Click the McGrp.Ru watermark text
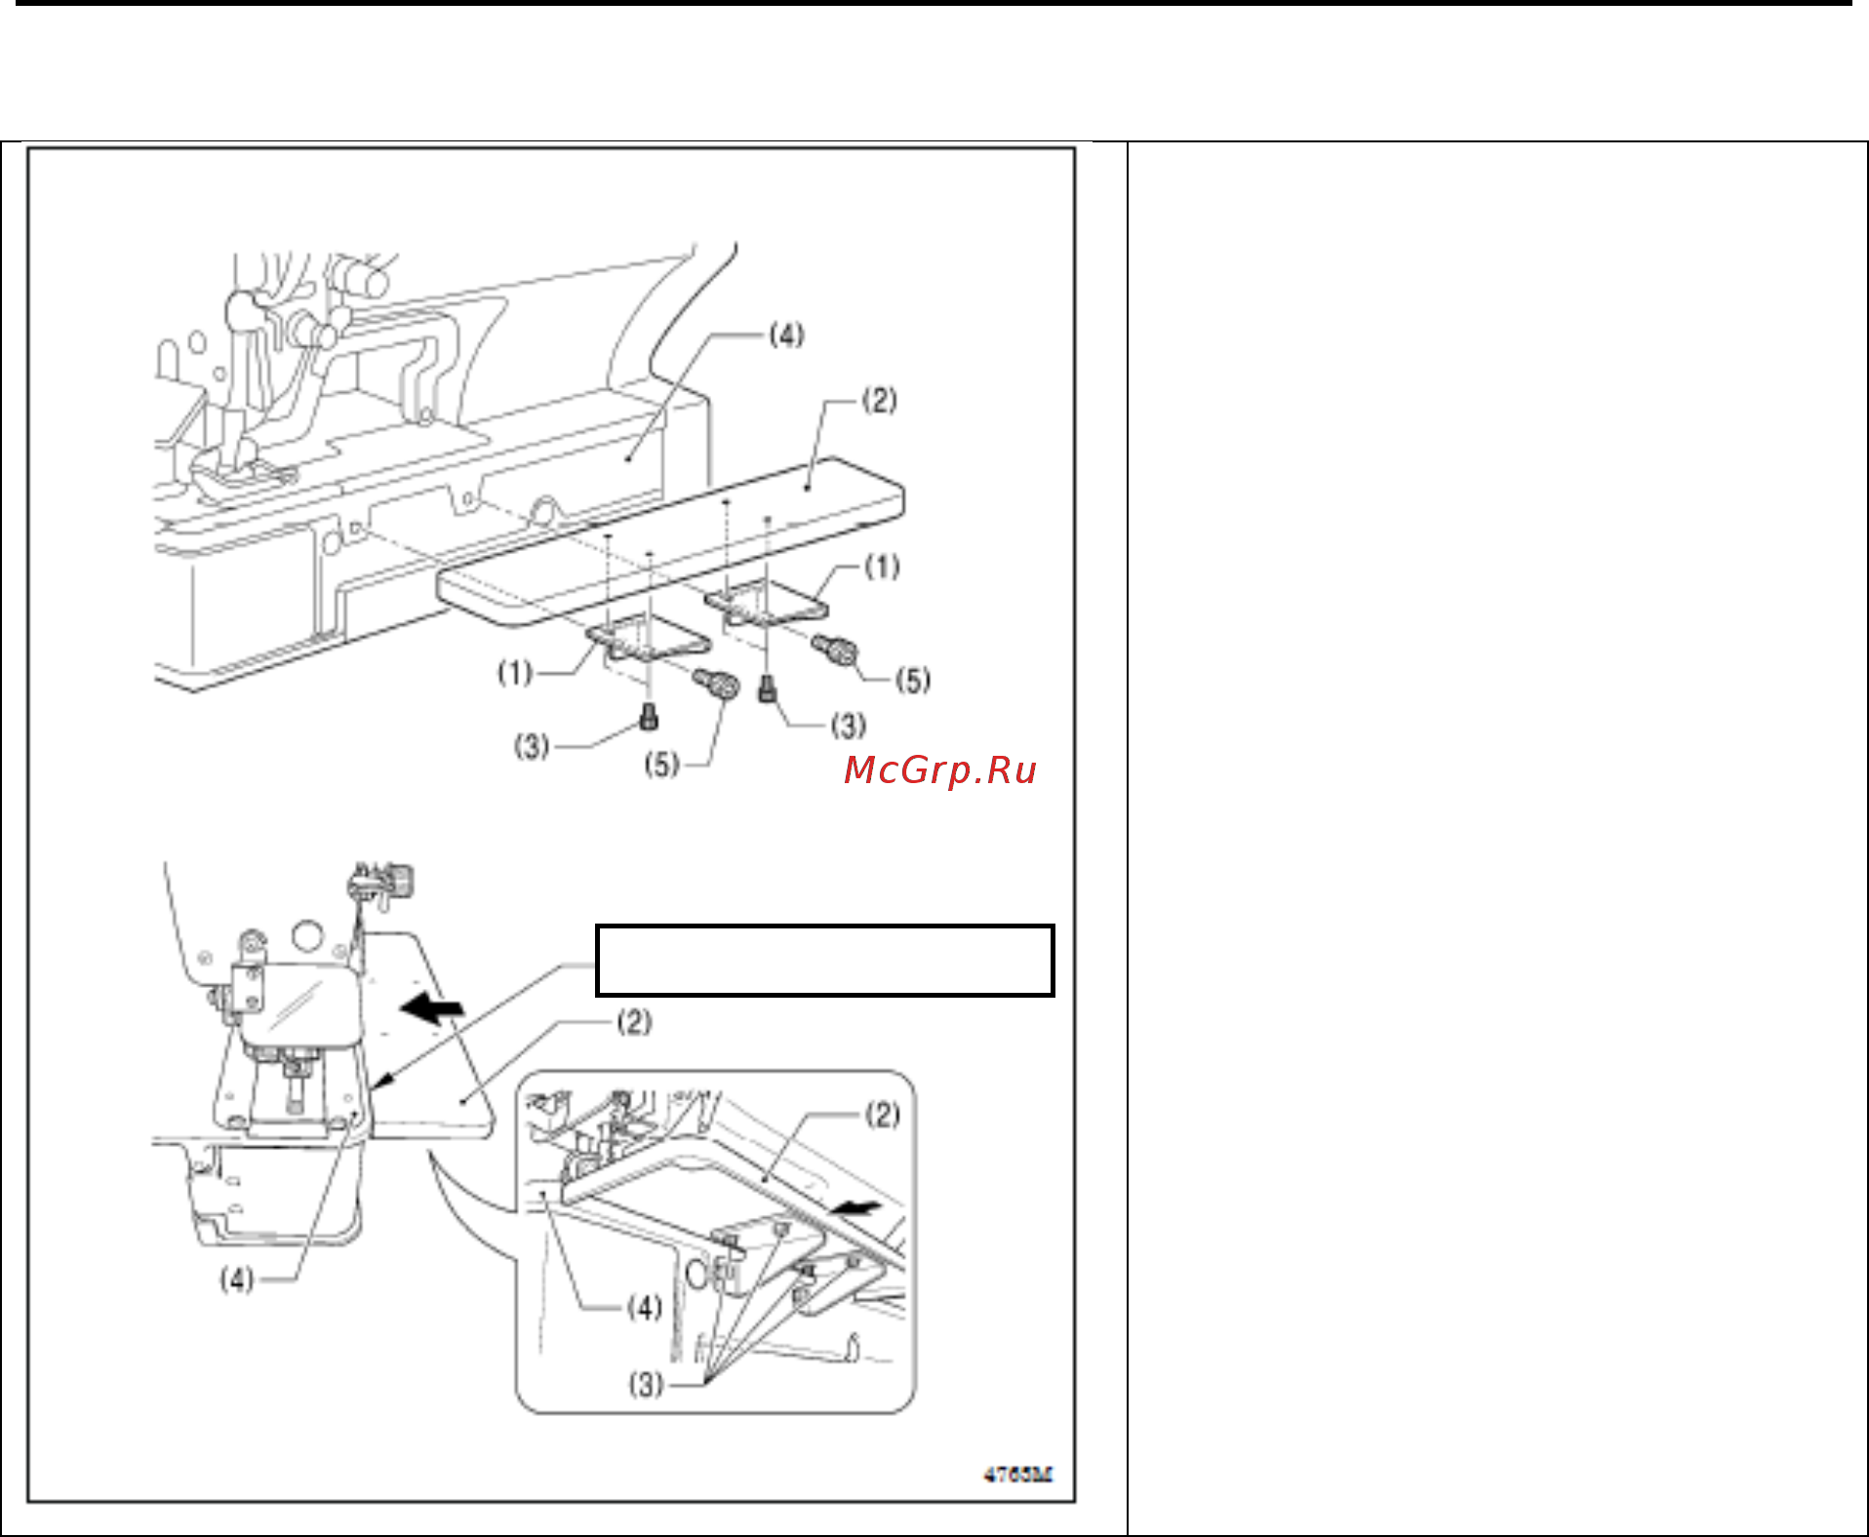coord(939,770)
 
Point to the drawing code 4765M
coord(1018,1475)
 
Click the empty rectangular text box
coord(825,961)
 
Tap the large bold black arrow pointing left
coord(432,1009)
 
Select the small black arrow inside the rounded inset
coord(856,1209)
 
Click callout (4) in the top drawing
coord(786,335)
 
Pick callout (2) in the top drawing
coord(880,400)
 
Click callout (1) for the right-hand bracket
coord(883,567)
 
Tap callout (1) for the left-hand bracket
coord(515,673)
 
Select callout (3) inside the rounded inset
coord(646,1384)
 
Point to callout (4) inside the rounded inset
coord(645,1307)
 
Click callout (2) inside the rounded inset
coord(883,1115)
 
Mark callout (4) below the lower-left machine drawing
coord(237,1279)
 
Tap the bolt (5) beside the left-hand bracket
coord(716,682)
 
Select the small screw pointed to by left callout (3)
coord(649,718)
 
